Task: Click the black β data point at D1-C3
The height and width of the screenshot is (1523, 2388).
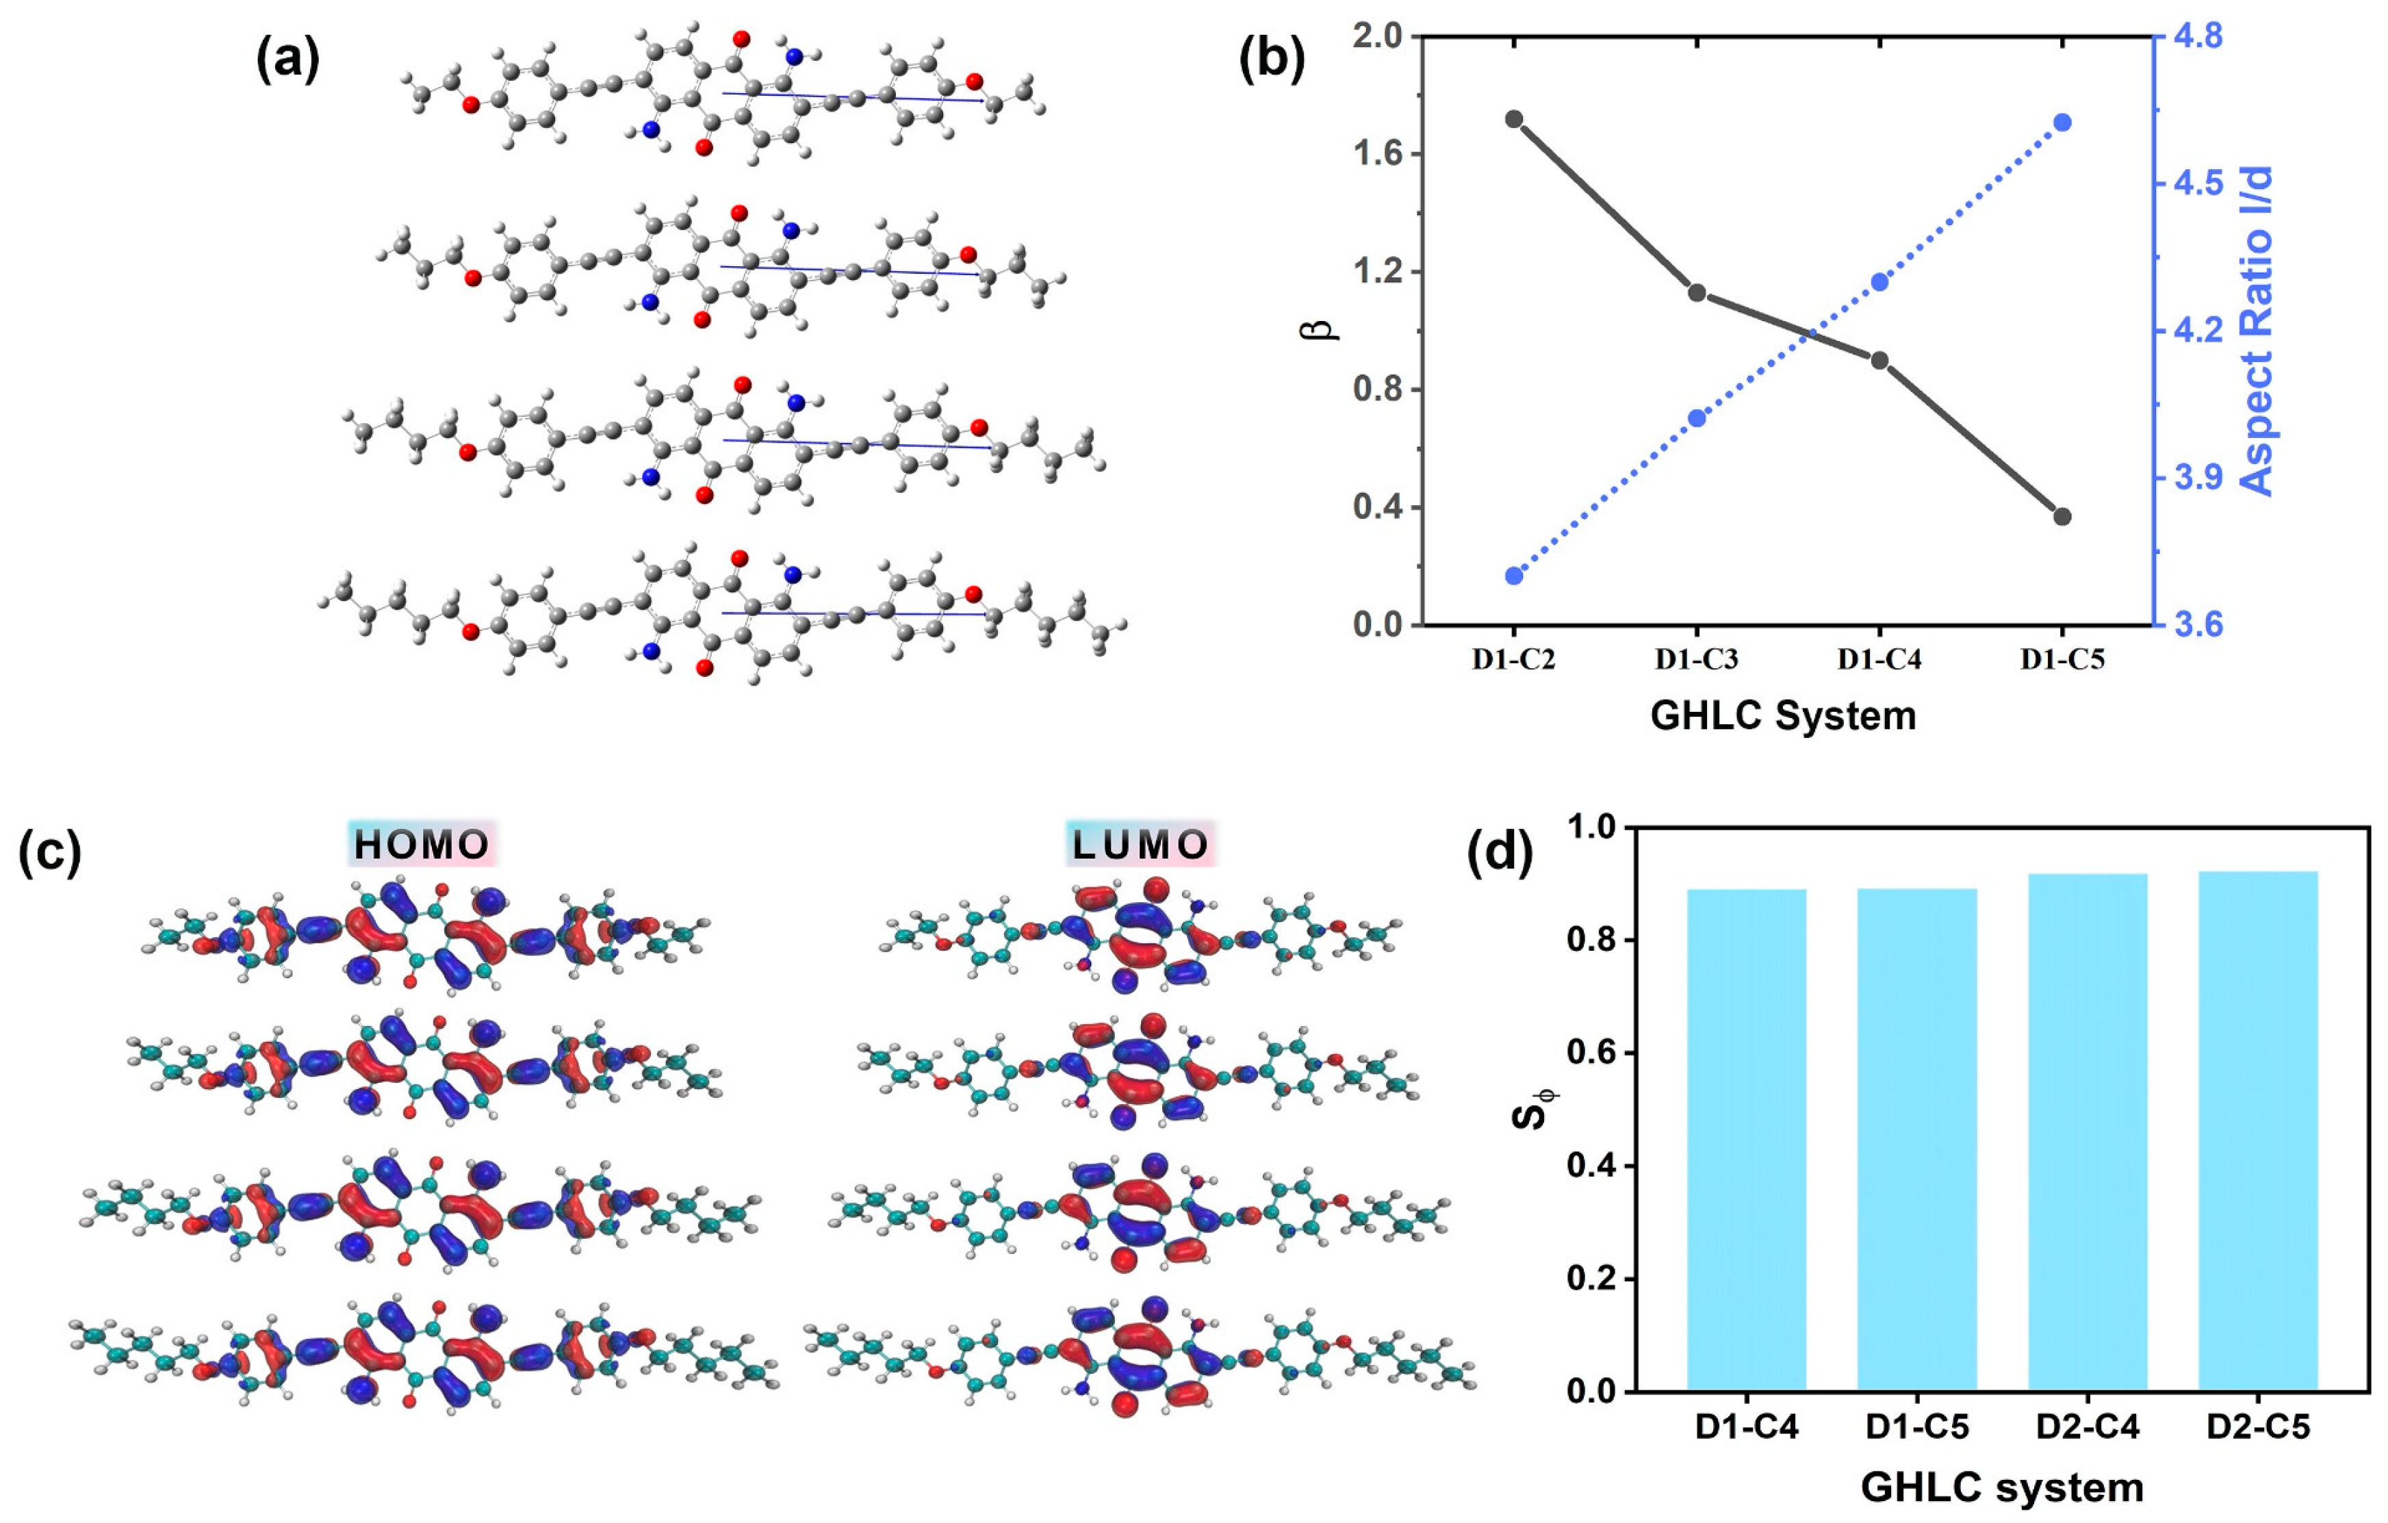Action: coord(1697,292)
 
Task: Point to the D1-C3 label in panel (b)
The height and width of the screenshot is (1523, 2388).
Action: coord(1697,659)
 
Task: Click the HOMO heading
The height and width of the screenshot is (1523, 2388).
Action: coord(422,845)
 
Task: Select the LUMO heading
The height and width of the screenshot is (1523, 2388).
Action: coord(1140,845)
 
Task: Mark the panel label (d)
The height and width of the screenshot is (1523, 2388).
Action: coord(1500,851)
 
